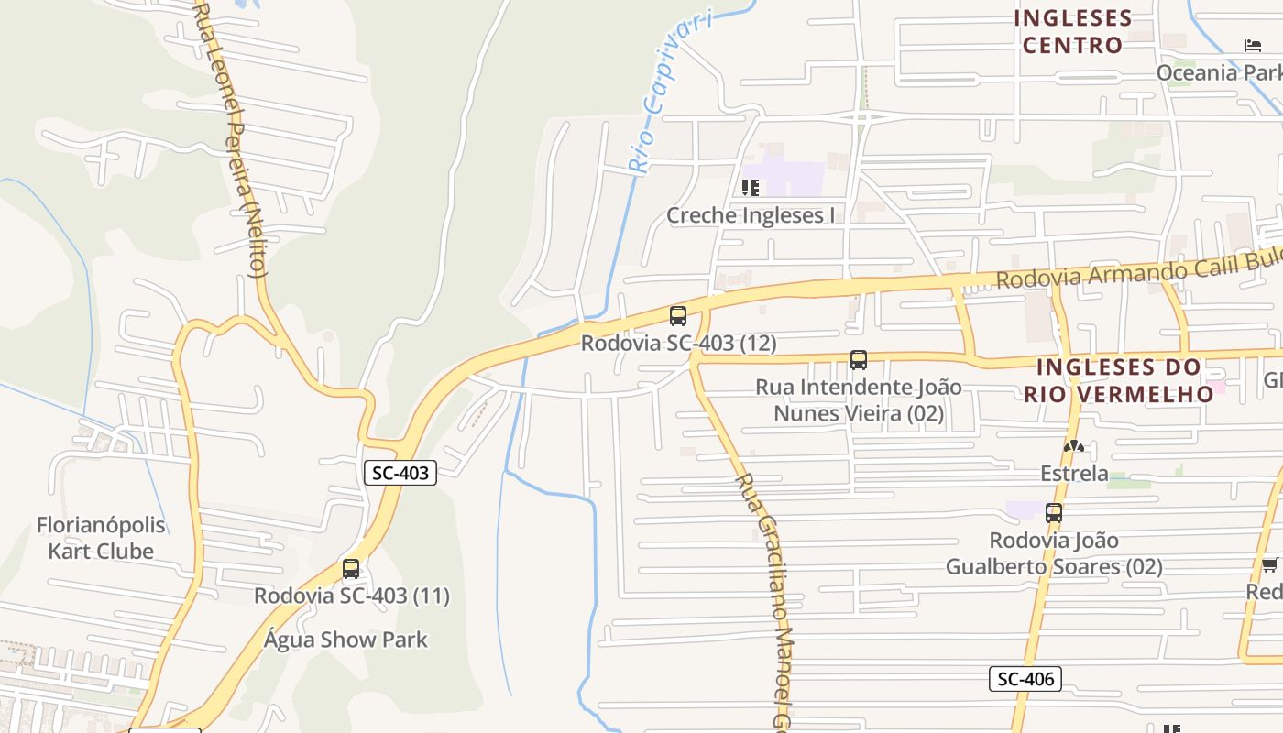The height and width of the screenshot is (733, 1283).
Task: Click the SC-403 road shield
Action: pos(400,473)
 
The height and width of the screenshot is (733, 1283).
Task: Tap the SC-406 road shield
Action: pos(1025,679)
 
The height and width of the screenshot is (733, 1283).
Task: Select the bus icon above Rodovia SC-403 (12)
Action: pos(678,316)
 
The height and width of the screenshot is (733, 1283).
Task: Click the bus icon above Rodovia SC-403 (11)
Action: pos(351,569)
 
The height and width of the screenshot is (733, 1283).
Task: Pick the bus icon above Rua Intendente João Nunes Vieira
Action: pos(859,360)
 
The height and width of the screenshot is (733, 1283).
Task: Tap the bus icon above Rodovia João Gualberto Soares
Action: pos(1054,513)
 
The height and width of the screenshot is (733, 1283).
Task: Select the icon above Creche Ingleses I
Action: pos(751,188)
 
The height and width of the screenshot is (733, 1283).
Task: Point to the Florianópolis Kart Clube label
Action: pos(101,538)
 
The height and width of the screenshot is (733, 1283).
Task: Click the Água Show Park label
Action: pos(345,640)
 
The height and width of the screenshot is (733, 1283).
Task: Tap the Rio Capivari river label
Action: pos(669,92)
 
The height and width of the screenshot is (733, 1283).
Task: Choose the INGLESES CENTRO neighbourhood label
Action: pos(1073,31)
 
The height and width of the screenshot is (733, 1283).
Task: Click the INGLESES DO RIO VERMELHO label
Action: pos(1119,380)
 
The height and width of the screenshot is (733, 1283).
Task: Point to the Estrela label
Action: pos(1075,474)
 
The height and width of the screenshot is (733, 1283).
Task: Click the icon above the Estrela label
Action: pos(1074,446)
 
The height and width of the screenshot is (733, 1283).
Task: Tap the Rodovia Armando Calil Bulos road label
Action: pos(1136,270)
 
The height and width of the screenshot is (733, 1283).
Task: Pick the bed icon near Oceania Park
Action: pos(1253,46)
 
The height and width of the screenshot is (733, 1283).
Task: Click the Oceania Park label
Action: pos(1219,72)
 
